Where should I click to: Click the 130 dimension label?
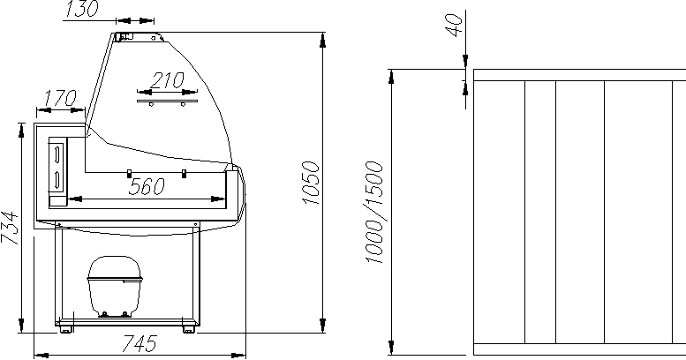(x=82, y=9)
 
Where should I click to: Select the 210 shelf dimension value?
(x=167, y=80)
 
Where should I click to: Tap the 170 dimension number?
(x=61, y=99)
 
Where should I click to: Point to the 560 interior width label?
(x=147, y=187)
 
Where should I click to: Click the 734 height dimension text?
(x=10, y=228)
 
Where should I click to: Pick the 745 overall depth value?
(x=139, y=344)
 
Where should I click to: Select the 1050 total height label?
(x=311, y=183)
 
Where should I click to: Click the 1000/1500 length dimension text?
(x=374, y=212)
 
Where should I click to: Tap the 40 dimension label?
(x=454, y=25)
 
